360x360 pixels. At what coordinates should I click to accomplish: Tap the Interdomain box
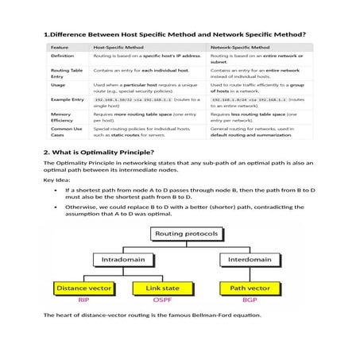click(x=246, y=259)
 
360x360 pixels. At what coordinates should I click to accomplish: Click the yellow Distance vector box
click(x=83, y=288)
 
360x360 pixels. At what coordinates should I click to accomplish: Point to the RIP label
click(x=83, y=300)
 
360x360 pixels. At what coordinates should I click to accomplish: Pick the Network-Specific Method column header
click(x=246, y=48)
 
